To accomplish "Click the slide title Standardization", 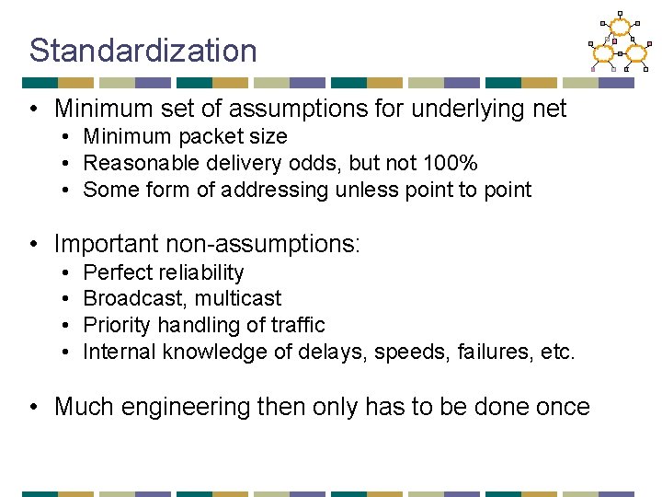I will (143, 51).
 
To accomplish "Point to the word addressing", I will (278, 191).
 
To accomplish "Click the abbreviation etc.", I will (558, 352).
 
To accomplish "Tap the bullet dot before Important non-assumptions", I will (33, 245).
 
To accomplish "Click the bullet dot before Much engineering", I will (33, 407).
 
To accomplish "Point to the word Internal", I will (120, 352).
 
